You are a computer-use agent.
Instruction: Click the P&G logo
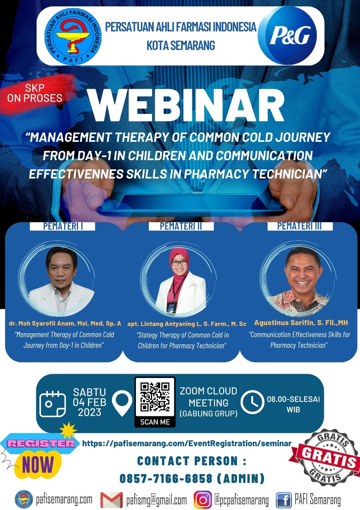[x=288, y=35]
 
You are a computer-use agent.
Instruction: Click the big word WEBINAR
[x=186, y=106]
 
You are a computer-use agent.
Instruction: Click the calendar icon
[x=53, y=404]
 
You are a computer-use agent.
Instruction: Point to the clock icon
[x=252, y=402]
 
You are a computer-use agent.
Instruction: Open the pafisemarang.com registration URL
[x=187, y=443]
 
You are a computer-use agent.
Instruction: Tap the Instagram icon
[x=203, y=500]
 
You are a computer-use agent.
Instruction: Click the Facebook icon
[x=284, y=500]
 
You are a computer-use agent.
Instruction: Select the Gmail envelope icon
[x=112, y=500]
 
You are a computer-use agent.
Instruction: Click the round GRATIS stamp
[x=326, y=458]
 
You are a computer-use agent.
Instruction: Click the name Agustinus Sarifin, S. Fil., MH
[x=301, y=323]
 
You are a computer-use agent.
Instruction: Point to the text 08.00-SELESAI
[x=293, y=399]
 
